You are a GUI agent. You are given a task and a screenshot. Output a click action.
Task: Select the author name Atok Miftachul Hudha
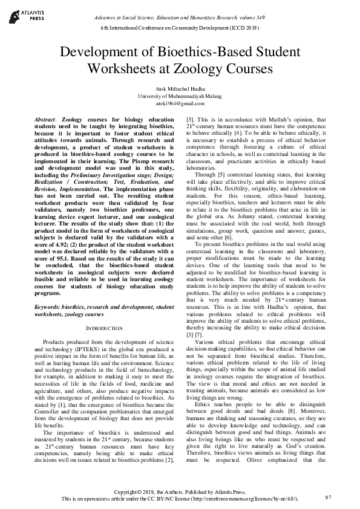click(180, 89)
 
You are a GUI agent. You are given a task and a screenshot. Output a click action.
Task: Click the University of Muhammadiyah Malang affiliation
click(180, 96)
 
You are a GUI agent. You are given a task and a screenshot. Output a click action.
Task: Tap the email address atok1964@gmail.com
click(180, 103)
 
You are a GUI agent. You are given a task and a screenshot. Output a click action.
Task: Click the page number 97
click(328, 498)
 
